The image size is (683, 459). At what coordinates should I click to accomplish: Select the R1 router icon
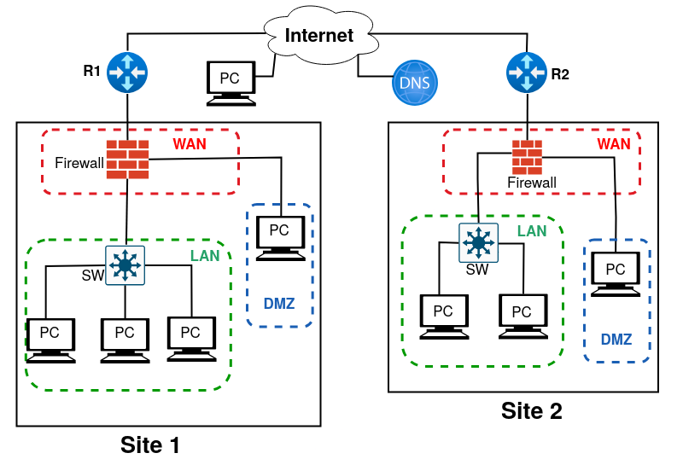[x=127, y=73]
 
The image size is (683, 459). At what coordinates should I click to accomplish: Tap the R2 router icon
[x=526, y=73]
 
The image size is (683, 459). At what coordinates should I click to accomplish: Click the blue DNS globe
[x=415, y=84]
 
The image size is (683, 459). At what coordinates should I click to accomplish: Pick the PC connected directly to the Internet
[x=231, y=81]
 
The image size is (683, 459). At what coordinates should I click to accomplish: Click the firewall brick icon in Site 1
[x=127, y=159]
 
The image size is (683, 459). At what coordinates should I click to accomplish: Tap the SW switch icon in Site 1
[x=126, y=266]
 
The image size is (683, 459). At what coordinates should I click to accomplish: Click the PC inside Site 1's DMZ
[x=281, y=234]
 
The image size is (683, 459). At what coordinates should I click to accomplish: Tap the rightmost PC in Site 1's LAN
[x=191, y=336]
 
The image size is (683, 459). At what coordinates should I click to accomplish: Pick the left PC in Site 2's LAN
[x=444, y=316]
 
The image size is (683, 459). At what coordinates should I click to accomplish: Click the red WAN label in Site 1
[x=189, y=143]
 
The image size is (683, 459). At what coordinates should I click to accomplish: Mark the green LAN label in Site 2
[x=531, y=230]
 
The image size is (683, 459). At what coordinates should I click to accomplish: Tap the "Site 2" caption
[x=531, y=411]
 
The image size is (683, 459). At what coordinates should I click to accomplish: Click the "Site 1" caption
[x=149, y=444]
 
